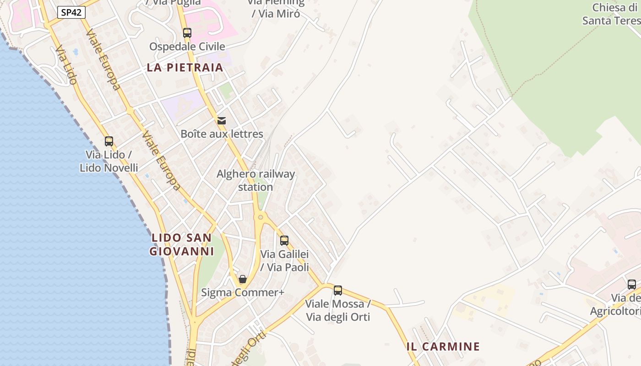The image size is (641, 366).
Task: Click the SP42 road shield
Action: click(71, 12)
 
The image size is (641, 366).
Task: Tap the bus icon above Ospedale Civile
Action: click(187, 33)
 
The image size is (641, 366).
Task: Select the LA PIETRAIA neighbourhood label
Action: click(185, 68)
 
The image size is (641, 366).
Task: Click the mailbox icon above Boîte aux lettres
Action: click(222, 121)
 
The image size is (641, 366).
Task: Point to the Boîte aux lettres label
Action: click(222, 134)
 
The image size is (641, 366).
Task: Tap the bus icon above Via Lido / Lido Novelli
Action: click(109, 141)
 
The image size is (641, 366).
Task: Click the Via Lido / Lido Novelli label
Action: click(109, 161)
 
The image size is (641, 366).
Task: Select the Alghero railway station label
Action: click(255, 180)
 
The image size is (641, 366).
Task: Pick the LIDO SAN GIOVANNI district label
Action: click(182, 244)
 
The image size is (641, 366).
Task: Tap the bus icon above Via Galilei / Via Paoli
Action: click(284, 241)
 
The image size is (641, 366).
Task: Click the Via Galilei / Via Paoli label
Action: click(284, 260)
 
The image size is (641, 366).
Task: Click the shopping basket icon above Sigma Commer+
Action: click(243, 279)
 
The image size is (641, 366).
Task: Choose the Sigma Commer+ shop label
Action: click(243, 292)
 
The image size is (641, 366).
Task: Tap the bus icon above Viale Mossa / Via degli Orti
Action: click(338, 291)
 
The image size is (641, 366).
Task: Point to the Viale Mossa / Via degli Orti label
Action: click(338, 310)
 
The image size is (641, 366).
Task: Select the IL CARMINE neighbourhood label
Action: click(443, 347)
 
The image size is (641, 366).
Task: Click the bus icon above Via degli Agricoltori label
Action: click(632, 285)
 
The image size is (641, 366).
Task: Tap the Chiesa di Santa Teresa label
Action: click(611, 14)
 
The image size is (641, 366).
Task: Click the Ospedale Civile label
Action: click(187, 47)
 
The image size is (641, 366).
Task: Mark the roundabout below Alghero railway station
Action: click(261, 217)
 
